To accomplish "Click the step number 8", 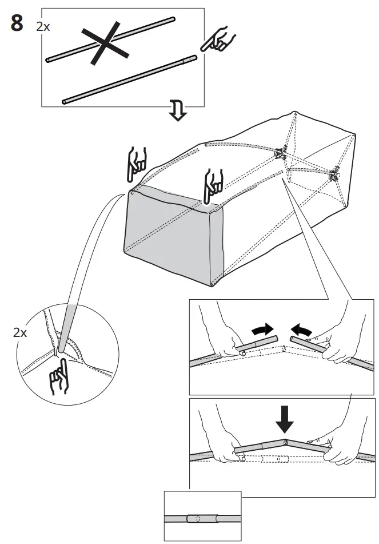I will (x=17, y=25).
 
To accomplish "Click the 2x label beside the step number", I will (x=43, y=26).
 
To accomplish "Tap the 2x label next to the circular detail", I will (x=20, y=332).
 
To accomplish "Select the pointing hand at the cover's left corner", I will (x=137, y=163).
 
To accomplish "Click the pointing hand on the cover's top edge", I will (x=213, y=184).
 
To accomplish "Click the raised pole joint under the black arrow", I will (x=284, y=443).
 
